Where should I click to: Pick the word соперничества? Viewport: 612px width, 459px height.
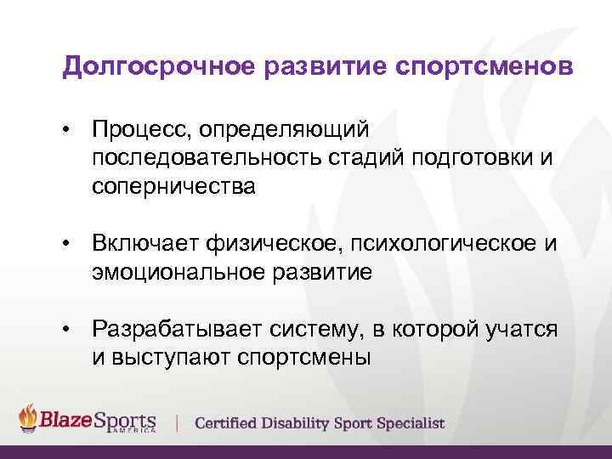click(x=173, y=187)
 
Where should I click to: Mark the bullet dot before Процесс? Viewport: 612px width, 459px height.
click(x=65, y=129)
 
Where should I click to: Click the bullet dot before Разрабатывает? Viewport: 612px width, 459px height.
click(x=65, y=329)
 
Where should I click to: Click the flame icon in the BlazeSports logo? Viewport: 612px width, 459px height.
click(x=29, y=418)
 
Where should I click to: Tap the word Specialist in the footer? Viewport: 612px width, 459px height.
click(x=410, y=422)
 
